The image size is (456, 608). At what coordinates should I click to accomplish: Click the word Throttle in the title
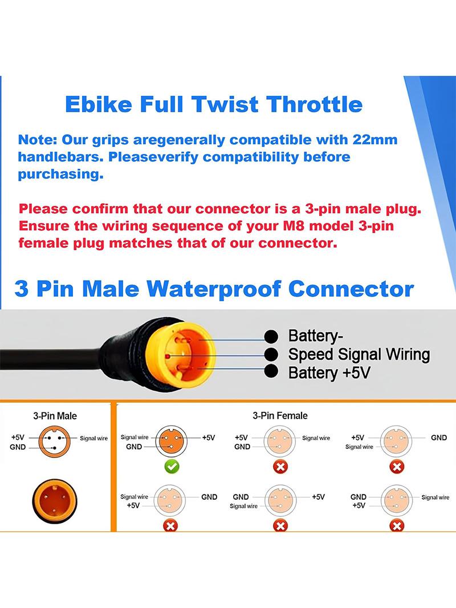[314, 104]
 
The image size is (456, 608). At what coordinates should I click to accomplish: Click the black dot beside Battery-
[271, 336]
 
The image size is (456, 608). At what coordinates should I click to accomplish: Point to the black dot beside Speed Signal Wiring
[271, 354]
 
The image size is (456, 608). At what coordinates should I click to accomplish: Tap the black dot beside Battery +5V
[271, 371]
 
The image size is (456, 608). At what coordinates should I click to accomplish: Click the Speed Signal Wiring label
[359, 354]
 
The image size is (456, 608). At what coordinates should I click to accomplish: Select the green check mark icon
[172, 466]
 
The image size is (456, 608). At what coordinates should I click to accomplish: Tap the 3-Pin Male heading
[55, 416]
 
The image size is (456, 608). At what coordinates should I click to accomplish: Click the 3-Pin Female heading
[280, 416]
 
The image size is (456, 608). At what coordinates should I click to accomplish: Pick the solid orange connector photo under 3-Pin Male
[55, 501]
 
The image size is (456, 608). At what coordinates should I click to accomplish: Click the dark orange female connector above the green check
[171, 441]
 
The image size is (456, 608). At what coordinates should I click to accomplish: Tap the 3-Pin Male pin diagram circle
[55, 442]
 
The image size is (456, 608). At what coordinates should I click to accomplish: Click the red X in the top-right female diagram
[397, 467]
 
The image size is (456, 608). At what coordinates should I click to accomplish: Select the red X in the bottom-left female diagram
[170, 525]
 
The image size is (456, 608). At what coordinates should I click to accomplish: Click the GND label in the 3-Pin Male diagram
[18, 447]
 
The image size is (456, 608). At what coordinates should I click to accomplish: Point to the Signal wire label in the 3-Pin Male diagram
[93, 438]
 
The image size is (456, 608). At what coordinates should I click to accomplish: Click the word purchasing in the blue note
[61, 174]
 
